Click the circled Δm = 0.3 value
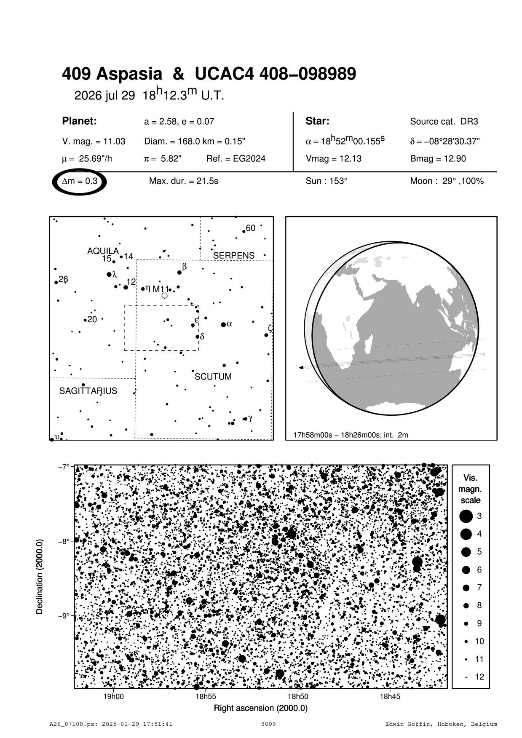80,182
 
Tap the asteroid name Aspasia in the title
130,74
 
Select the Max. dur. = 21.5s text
183,182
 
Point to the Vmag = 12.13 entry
333,159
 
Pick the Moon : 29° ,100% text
447,182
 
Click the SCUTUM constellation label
213,377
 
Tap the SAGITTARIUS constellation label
88,391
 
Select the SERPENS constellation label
233,256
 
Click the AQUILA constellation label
103,251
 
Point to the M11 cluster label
161,289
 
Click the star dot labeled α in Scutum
223,324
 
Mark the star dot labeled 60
244,231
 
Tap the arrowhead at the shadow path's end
301,368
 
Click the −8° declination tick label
64,541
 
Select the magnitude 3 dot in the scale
466,516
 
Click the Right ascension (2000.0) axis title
261,708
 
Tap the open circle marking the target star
261,576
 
